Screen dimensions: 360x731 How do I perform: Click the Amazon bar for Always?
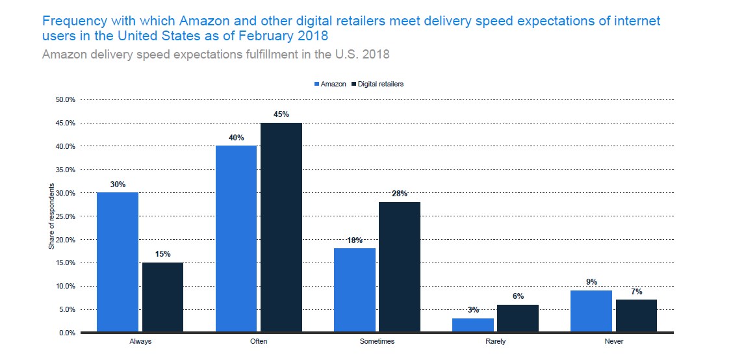tap(118, 263)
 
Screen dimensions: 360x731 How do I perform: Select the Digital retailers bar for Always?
tap(162, 298)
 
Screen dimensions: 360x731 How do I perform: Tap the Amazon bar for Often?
tap(236, 239)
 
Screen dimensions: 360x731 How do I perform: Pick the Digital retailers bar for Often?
tap(281, 227)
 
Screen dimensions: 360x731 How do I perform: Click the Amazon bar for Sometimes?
tap(354, 290)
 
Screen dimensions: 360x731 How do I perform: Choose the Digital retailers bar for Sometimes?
tap(400, 267)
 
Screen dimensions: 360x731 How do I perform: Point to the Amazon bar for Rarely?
tap(473, 326)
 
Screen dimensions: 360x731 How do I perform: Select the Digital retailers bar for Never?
tap(636, 316)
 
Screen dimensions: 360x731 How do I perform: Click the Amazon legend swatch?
tap(316, 84)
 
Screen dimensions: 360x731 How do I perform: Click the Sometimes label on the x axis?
tap(377, 341)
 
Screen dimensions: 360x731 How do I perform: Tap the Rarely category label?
tap(495, 341)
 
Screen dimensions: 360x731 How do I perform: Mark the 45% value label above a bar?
tap(281, 114)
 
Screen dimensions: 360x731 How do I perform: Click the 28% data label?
tap(400, 194)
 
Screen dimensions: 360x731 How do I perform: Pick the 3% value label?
tap(473, 311)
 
